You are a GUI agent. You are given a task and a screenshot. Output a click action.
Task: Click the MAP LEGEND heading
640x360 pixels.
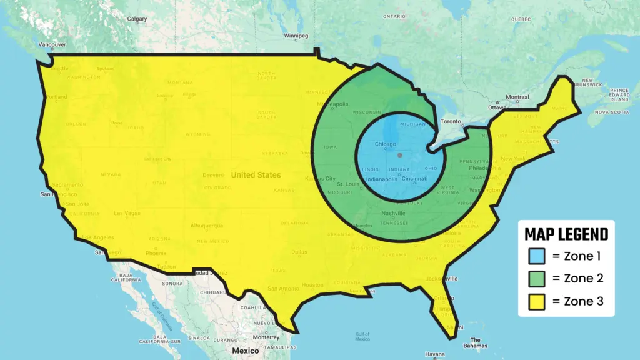point(566,234)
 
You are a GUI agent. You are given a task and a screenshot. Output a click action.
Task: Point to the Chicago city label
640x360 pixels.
point(386,145)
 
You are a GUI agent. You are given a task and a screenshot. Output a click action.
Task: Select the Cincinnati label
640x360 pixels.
point(414,179)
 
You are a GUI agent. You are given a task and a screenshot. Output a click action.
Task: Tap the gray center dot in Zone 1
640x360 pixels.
point(400,154)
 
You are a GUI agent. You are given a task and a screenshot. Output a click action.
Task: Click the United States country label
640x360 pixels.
point(256,175)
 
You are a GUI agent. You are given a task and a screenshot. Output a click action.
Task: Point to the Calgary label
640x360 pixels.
point(137,19)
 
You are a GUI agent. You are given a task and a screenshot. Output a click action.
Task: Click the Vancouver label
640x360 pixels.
point(52,45)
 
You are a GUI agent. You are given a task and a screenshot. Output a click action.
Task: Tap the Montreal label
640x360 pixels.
point(517,97)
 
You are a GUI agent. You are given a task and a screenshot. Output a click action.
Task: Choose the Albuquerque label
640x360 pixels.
point(206,226)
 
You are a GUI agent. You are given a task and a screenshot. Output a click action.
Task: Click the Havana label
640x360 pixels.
point(435,354)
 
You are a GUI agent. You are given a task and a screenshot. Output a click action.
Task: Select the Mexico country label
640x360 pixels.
point(246,351)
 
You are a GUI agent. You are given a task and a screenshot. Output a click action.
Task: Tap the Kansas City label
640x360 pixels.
point(320,179)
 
